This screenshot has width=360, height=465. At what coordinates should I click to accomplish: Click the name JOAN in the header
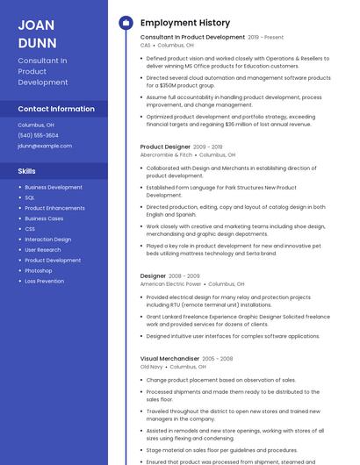(36, 24)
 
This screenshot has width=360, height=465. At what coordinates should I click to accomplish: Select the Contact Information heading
(56, 109)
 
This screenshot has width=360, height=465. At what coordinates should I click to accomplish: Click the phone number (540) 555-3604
(38, 135)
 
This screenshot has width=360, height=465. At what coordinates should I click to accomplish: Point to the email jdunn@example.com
(45, 146)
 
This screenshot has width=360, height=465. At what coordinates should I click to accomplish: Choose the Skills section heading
(26, 171)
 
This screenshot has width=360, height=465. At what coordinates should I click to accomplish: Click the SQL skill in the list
(30, 197)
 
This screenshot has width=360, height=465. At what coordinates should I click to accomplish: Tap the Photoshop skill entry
(39, 270)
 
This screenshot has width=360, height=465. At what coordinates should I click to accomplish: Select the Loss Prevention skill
(44, 281)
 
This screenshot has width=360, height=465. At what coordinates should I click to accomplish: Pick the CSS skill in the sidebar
(30, 229)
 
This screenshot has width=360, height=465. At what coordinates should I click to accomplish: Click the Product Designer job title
(165, 147)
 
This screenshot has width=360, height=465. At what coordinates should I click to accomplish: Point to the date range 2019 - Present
(266, 38)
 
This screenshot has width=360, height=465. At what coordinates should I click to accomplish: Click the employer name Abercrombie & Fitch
(166, 154)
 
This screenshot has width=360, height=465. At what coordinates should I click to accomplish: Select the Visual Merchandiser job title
(169, 359)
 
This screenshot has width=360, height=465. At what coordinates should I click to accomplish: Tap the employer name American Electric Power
(171, 284)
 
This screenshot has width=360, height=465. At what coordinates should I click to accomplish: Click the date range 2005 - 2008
(218, 359)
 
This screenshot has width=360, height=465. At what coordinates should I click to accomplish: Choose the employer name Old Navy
(152, 367)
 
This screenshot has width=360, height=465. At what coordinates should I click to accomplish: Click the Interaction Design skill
(48, 240)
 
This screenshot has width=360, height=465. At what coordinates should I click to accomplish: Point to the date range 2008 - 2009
(184, 276)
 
